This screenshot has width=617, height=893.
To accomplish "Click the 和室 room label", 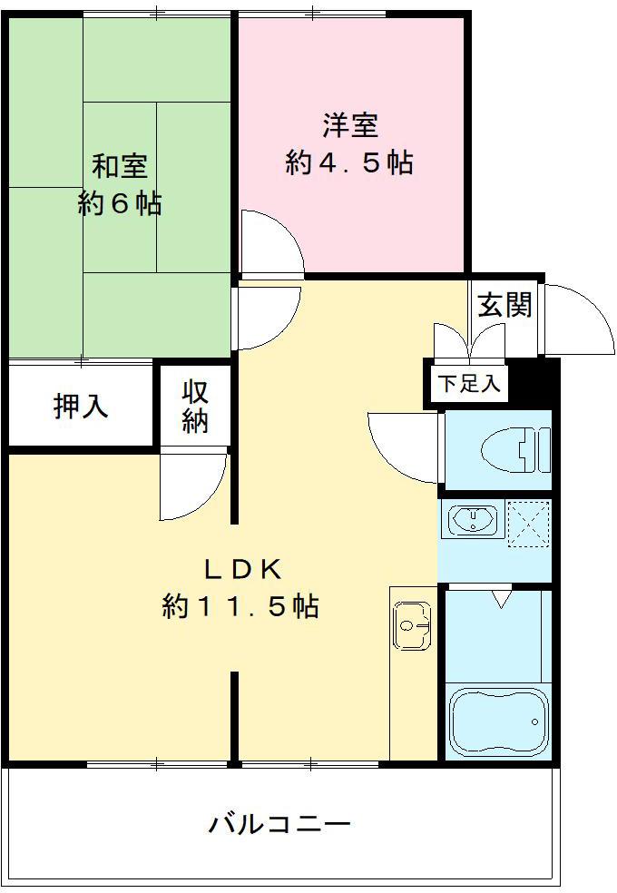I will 120,167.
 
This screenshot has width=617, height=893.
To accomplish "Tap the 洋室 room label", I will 349,124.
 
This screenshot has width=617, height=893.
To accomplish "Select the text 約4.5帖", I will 349,162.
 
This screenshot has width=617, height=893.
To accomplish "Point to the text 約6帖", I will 120,204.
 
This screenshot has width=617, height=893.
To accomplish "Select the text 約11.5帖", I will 240,605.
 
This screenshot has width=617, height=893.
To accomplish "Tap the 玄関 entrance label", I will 504,306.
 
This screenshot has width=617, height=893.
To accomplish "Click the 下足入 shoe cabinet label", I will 468,383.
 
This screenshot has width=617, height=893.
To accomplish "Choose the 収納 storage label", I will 195,407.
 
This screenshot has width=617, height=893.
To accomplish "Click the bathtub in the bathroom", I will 500,721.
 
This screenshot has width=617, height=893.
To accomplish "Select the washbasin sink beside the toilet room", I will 472,520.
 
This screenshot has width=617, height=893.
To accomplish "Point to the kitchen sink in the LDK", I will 414,624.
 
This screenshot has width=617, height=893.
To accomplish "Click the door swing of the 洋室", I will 269,243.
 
